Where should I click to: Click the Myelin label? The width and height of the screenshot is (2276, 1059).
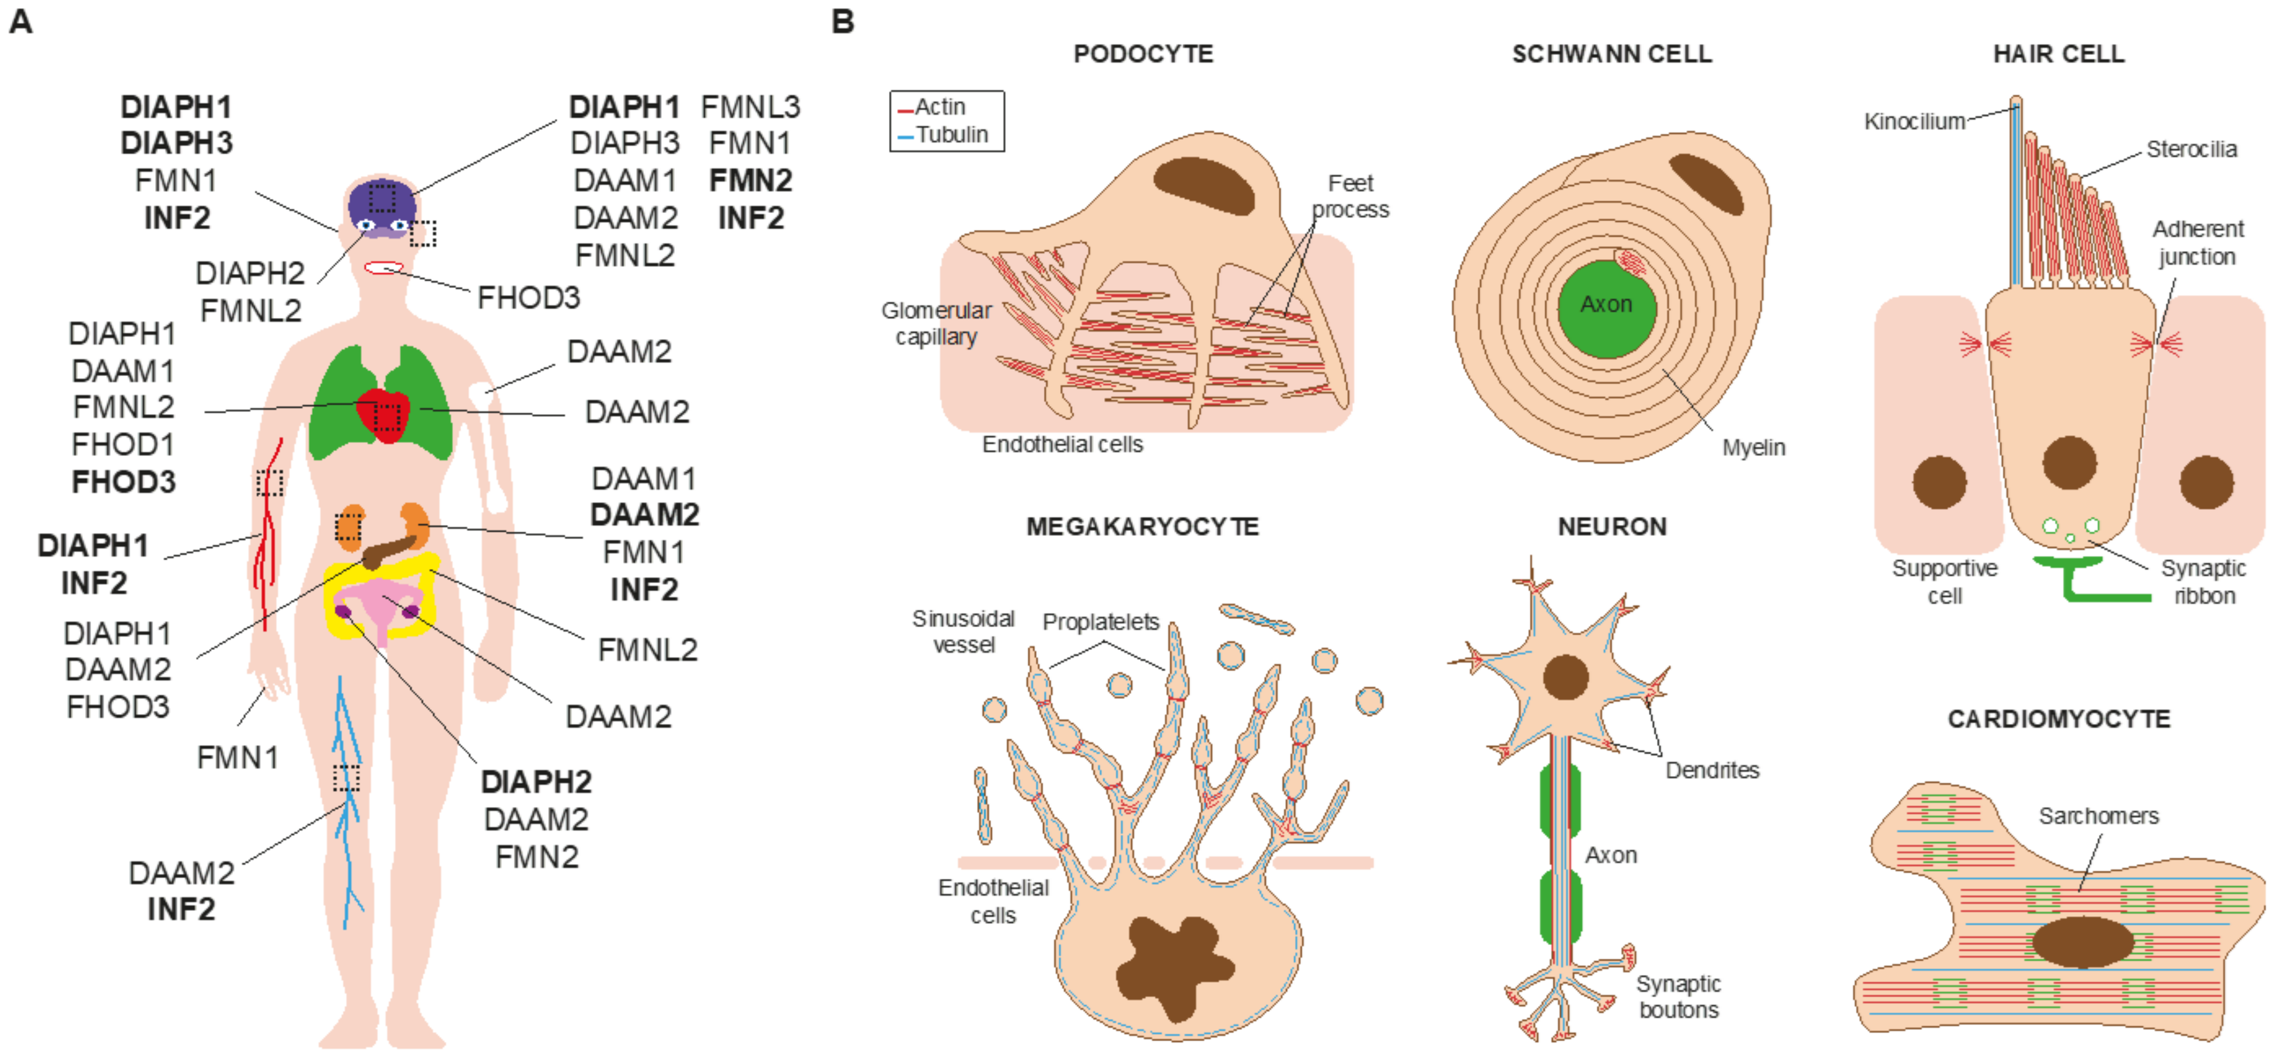pyautogui.click(x=1753, y=448)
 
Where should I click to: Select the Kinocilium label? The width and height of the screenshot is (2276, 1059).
pyautogui.click(x=1914, y=122)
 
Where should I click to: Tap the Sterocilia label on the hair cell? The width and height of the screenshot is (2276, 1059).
pyautogui.click(x=2191, y=149)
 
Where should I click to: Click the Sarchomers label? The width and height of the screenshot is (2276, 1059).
pyautogui.click(x=2098, y=816)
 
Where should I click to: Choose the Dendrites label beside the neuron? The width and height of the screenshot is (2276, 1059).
pyautogui.click(x=1712, y=770)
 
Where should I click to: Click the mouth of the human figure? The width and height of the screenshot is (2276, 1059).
pyautogui.click(x=383, y=268)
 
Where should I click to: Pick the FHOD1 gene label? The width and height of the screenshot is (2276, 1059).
pyautogui.click(x=123, y=444)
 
